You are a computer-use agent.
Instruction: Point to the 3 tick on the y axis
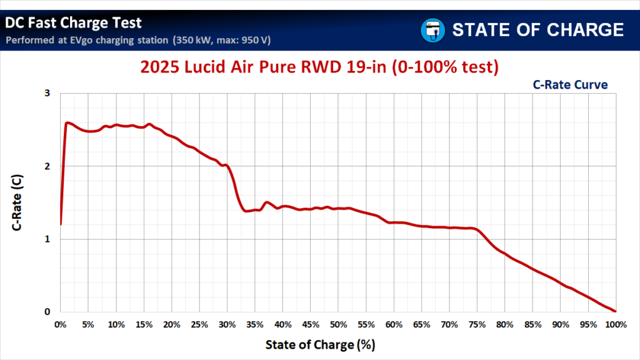[x=47, y=93]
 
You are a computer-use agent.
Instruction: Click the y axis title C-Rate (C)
[x=19, y=202]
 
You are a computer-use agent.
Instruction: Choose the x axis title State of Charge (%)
[x=320, y=344]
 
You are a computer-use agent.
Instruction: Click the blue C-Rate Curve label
[x=569, y=85]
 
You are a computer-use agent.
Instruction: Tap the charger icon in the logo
[x=431, y=29]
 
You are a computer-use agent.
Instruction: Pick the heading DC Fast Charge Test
[x=73, y=23]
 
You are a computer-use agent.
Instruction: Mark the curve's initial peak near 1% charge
[x=67, y=122]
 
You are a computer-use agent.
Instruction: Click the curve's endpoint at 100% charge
[x=616, y=311]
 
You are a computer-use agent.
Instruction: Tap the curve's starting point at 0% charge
[x=61, y=224]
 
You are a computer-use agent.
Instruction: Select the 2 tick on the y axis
[x=47, y=166]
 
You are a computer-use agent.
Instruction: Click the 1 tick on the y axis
[x=47, y=239]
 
